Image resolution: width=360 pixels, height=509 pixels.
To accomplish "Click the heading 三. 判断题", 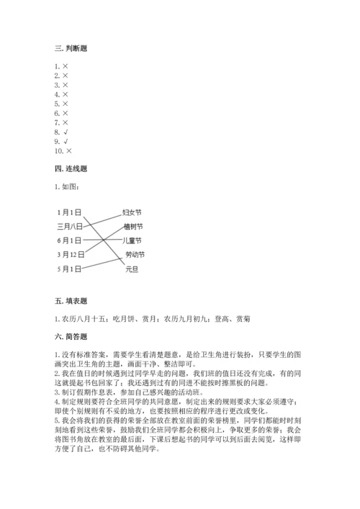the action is click(75, 48).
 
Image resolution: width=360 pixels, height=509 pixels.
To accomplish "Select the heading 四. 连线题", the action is click(75, 168).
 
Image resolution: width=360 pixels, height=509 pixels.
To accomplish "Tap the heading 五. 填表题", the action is click(75, 301).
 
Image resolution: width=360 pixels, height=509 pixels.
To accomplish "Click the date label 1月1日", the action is click(69, 212).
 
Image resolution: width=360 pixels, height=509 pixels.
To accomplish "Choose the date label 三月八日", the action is click(70, 226).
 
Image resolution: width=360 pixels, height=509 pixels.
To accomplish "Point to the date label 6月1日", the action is click(69, 240).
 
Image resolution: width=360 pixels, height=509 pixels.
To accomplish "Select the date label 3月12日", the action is click(71, 254).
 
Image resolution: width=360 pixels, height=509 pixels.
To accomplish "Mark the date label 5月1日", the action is click(69, 269).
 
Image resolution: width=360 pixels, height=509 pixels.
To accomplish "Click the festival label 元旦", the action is click(130, 269).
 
